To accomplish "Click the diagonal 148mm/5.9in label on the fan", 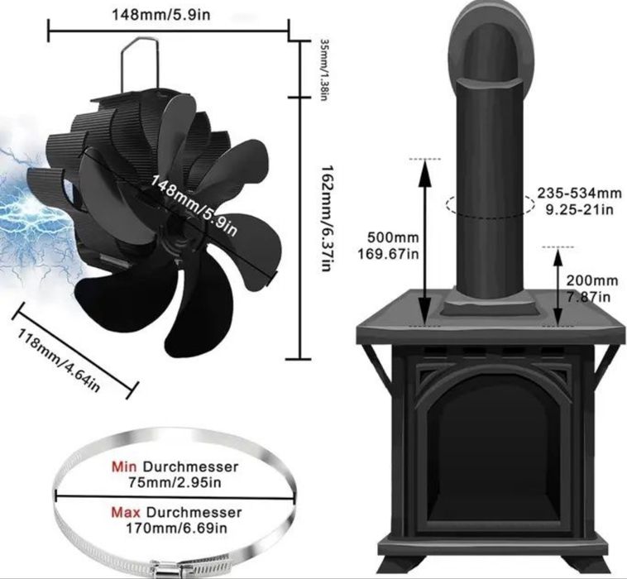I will click(x=193, y=206).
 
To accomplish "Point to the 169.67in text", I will click(x=386, y=255).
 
